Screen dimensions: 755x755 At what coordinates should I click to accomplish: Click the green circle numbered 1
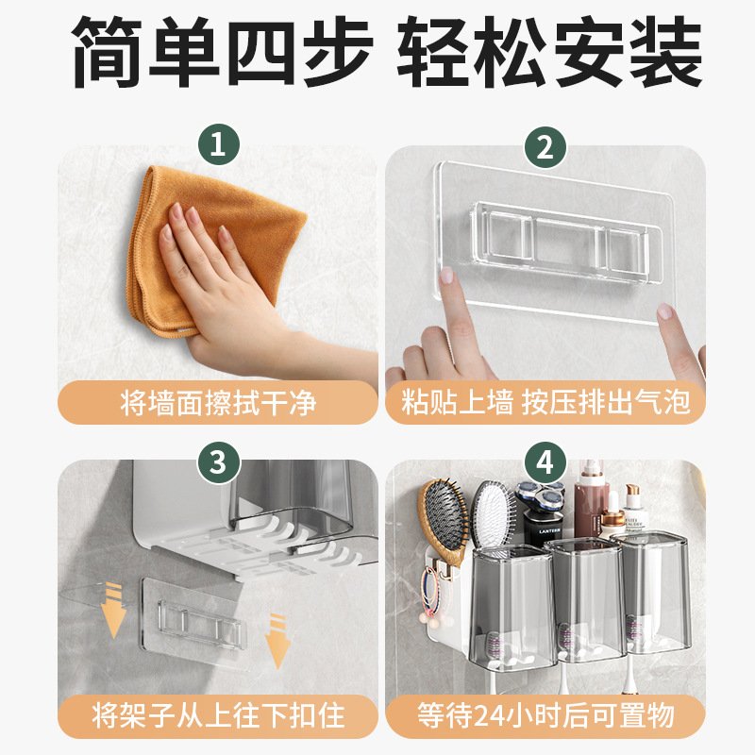click(x=219, y=144)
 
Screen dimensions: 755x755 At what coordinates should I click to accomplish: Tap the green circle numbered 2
click(x=545, y=146)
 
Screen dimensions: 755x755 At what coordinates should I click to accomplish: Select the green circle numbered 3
click(x=219, y=462)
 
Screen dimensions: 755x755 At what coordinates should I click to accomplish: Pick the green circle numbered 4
click(x=545, y=462)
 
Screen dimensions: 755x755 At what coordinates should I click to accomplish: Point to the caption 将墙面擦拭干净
click(x=218, y=403)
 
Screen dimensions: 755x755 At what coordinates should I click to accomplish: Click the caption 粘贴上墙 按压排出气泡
click(x=545, y=402)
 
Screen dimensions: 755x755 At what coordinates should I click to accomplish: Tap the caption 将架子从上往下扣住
click(x=218, y=716)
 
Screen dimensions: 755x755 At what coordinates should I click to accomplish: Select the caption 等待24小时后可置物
click(x=545, y=716)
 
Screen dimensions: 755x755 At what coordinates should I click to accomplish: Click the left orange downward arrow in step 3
click(x=114, y=610)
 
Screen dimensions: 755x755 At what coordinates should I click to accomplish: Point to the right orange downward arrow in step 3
click(x=277, y=641)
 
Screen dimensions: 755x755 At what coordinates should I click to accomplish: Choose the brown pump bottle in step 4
click(x=593, y=501)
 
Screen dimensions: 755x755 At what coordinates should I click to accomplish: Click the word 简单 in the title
click(x=144, y=51)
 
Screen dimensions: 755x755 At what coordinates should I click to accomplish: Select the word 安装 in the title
click(x=627, y=51)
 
